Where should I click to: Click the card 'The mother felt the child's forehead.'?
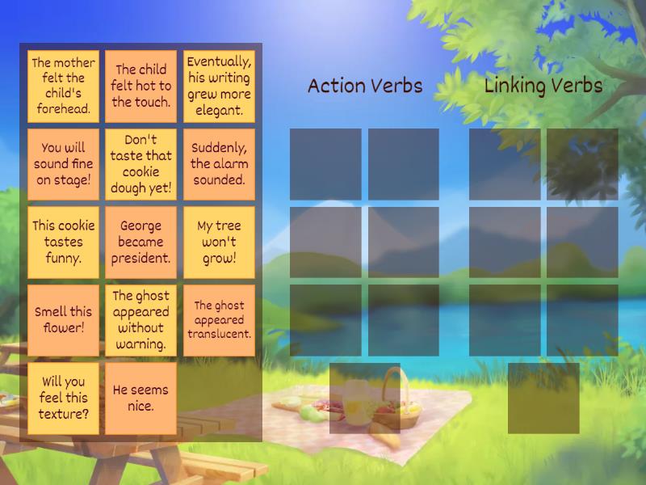pyautogui.click(x=63, y=86)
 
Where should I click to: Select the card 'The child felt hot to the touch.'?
pyautogui.click(x=141, y=86)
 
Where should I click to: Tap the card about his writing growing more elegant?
pyautogui.click(x=219, y=86)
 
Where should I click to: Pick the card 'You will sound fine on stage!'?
pyautogui.click(x=63, y=164)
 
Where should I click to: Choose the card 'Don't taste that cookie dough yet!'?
pyautogui.click(x=141, y=164)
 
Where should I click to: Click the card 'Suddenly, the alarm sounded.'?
pyautogui.click(x=219, y=164)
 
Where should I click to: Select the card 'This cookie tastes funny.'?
pyautogui.click(x=63, y=242)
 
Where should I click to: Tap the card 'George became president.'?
pyautogui.click(x=141, y=242)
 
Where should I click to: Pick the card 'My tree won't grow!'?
pyautogui.click(x=219, y=242)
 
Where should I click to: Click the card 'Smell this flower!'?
pyautogui.click(x=63, y=319)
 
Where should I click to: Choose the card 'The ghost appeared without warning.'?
pyautogui.click(x=141, y=319)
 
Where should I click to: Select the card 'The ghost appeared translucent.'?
pyautogui.click(x=219, y=319)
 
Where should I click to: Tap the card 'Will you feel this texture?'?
pyautogui.click(x=63, y=397)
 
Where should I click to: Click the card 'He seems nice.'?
pyautogui.click(x=141, y=397)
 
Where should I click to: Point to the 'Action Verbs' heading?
pyautogui.click(x=365, y=86)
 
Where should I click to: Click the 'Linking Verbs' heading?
pyautogui.click(x=543, y=86)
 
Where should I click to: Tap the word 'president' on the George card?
pyautogui.click(x=141, y=259)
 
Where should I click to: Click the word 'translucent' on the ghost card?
pyautogui.click(x=220, y=334)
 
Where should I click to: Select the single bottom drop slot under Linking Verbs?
pyautogui.click(x=543, y=398)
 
